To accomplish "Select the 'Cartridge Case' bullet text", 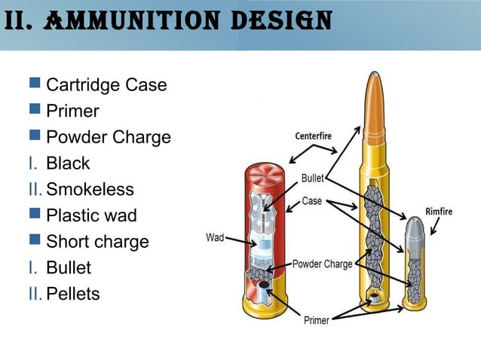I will point(106,85).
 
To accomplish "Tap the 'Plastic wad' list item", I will point(91,215).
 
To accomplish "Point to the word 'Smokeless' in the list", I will point(90,189).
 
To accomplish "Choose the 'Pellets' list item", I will point(72,294).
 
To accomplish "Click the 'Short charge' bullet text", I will point(97,242).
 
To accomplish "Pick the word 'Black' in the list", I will point(68,163).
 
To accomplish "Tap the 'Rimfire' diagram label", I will point(439,212).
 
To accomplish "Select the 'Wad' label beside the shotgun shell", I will point(215,238).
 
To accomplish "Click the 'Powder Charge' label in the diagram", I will point(323,264).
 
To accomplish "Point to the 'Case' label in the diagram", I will point(312,201).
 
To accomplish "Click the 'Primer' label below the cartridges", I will point(316,320).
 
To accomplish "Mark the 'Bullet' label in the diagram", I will point(313,179).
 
